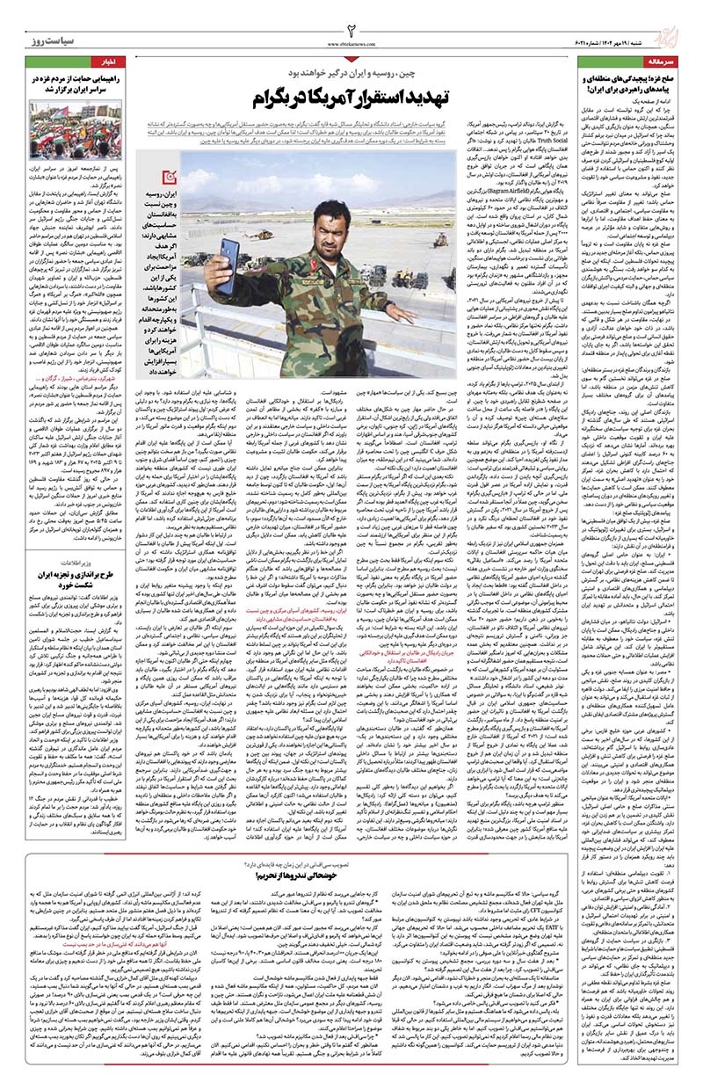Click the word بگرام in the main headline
277,97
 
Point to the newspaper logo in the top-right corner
677,28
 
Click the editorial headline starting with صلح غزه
627,85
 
